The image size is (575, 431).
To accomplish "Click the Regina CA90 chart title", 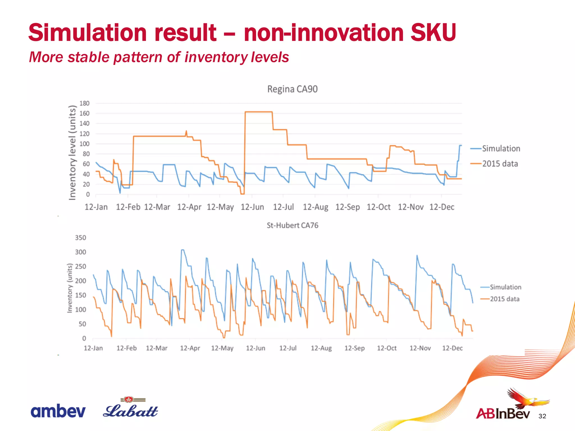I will click(x=292, y=89).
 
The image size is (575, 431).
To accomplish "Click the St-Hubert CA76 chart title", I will click(x=292, y=225).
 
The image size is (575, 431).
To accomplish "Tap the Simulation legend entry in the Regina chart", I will click(x=501, y=148).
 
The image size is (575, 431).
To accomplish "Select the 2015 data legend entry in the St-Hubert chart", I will click(x=505, y=299).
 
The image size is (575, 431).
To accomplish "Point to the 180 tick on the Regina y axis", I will click(x=84, y=103).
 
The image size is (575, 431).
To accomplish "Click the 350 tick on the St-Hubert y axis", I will click(x=80, y=238).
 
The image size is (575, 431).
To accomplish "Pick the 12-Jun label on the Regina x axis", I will click(x=252, y=207).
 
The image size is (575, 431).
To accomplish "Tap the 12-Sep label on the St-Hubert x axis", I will click(x=354, y=348).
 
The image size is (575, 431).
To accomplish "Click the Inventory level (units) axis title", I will click(x=72, y=153).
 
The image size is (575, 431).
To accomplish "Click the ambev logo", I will click(x=58, y=411).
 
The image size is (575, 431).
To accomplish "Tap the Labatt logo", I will click(x=130, y=408).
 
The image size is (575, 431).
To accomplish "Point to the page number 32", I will click(x=542, y=416).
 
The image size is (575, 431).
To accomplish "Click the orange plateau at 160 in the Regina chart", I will click(x=258, y=112).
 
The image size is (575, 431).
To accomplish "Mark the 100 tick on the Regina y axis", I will click(x=84, y=144).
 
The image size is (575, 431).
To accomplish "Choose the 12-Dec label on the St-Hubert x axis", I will click(x=452, y=348).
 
